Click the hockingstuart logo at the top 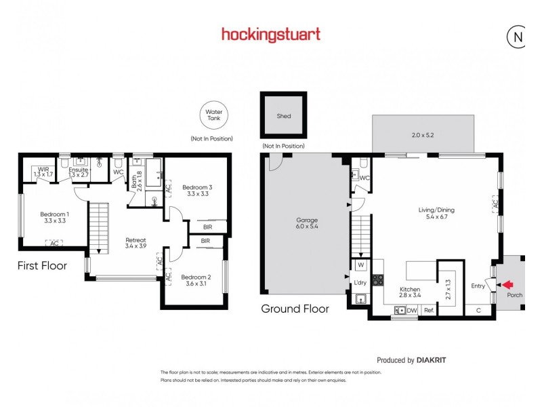pos(271,34)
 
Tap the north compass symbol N pos(518,37)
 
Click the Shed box pos(284,116)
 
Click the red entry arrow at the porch pos(507,286)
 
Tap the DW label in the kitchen pos(411,311)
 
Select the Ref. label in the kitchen pos(429,311)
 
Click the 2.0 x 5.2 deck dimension pos(422,135)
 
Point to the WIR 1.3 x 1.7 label pos(43,172)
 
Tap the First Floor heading pos(42,266)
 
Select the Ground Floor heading pos(295,309)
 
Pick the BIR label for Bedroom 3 pos(206,227)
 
